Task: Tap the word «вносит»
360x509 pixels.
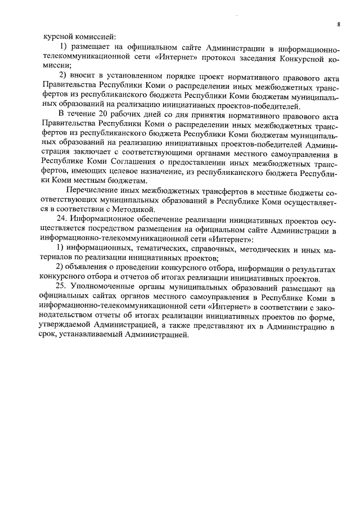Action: click(84, 76)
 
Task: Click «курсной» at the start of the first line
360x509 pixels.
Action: click(57, 35)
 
